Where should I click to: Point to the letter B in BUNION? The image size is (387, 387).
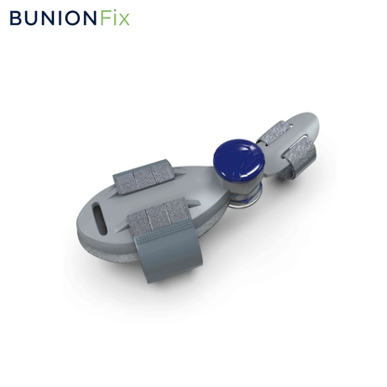point(16,18)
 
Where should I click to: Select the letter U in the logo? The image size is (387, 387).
point(33,18)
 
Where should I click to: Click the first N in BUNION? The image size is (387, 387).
point(49,18)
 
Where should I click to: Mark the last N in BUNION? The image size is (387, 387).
point(92,18)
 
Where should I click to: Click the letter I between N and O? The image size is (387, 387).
point(60,18)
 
